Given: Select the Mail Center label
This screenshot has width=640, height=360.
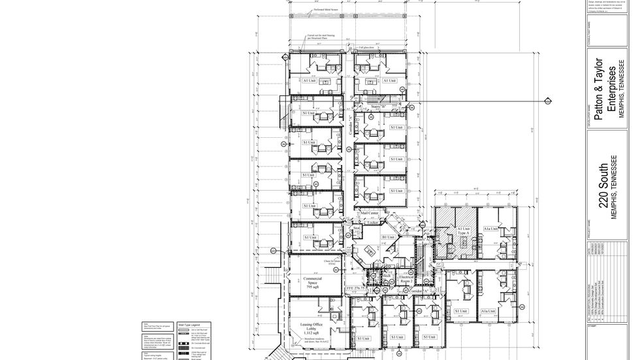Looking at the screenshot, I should pos(370,213).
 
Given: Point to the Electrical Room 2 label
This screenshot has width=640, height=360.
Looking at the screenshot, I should pos(406,279).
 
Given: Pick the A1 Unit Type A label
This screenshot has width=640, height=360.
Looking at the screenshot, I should pos(463,231).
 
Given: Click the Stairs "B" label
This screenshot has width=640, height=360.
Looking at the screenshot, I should pos(379,106).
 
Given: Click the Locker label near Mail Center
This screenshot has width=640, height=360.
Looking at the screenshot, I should pos(372,223).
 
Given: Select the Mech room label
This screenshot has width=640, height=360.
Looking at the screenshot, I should pos(386,276).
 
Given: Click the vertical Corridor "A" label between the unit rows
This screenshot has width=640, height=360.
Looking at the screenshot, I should pos(349,125).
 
